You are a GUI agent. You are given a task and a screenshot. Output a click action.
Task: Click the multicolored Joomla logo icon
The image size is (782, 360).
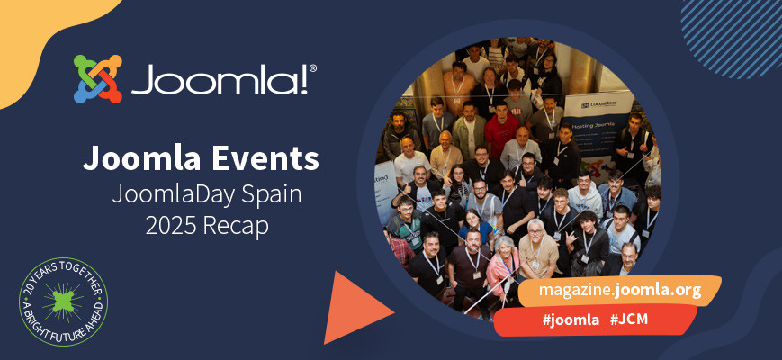[x=97, y=79]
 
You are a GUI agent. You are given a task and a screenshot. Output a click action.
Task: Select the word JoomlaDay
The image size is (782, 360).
[x=171, y=193]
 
